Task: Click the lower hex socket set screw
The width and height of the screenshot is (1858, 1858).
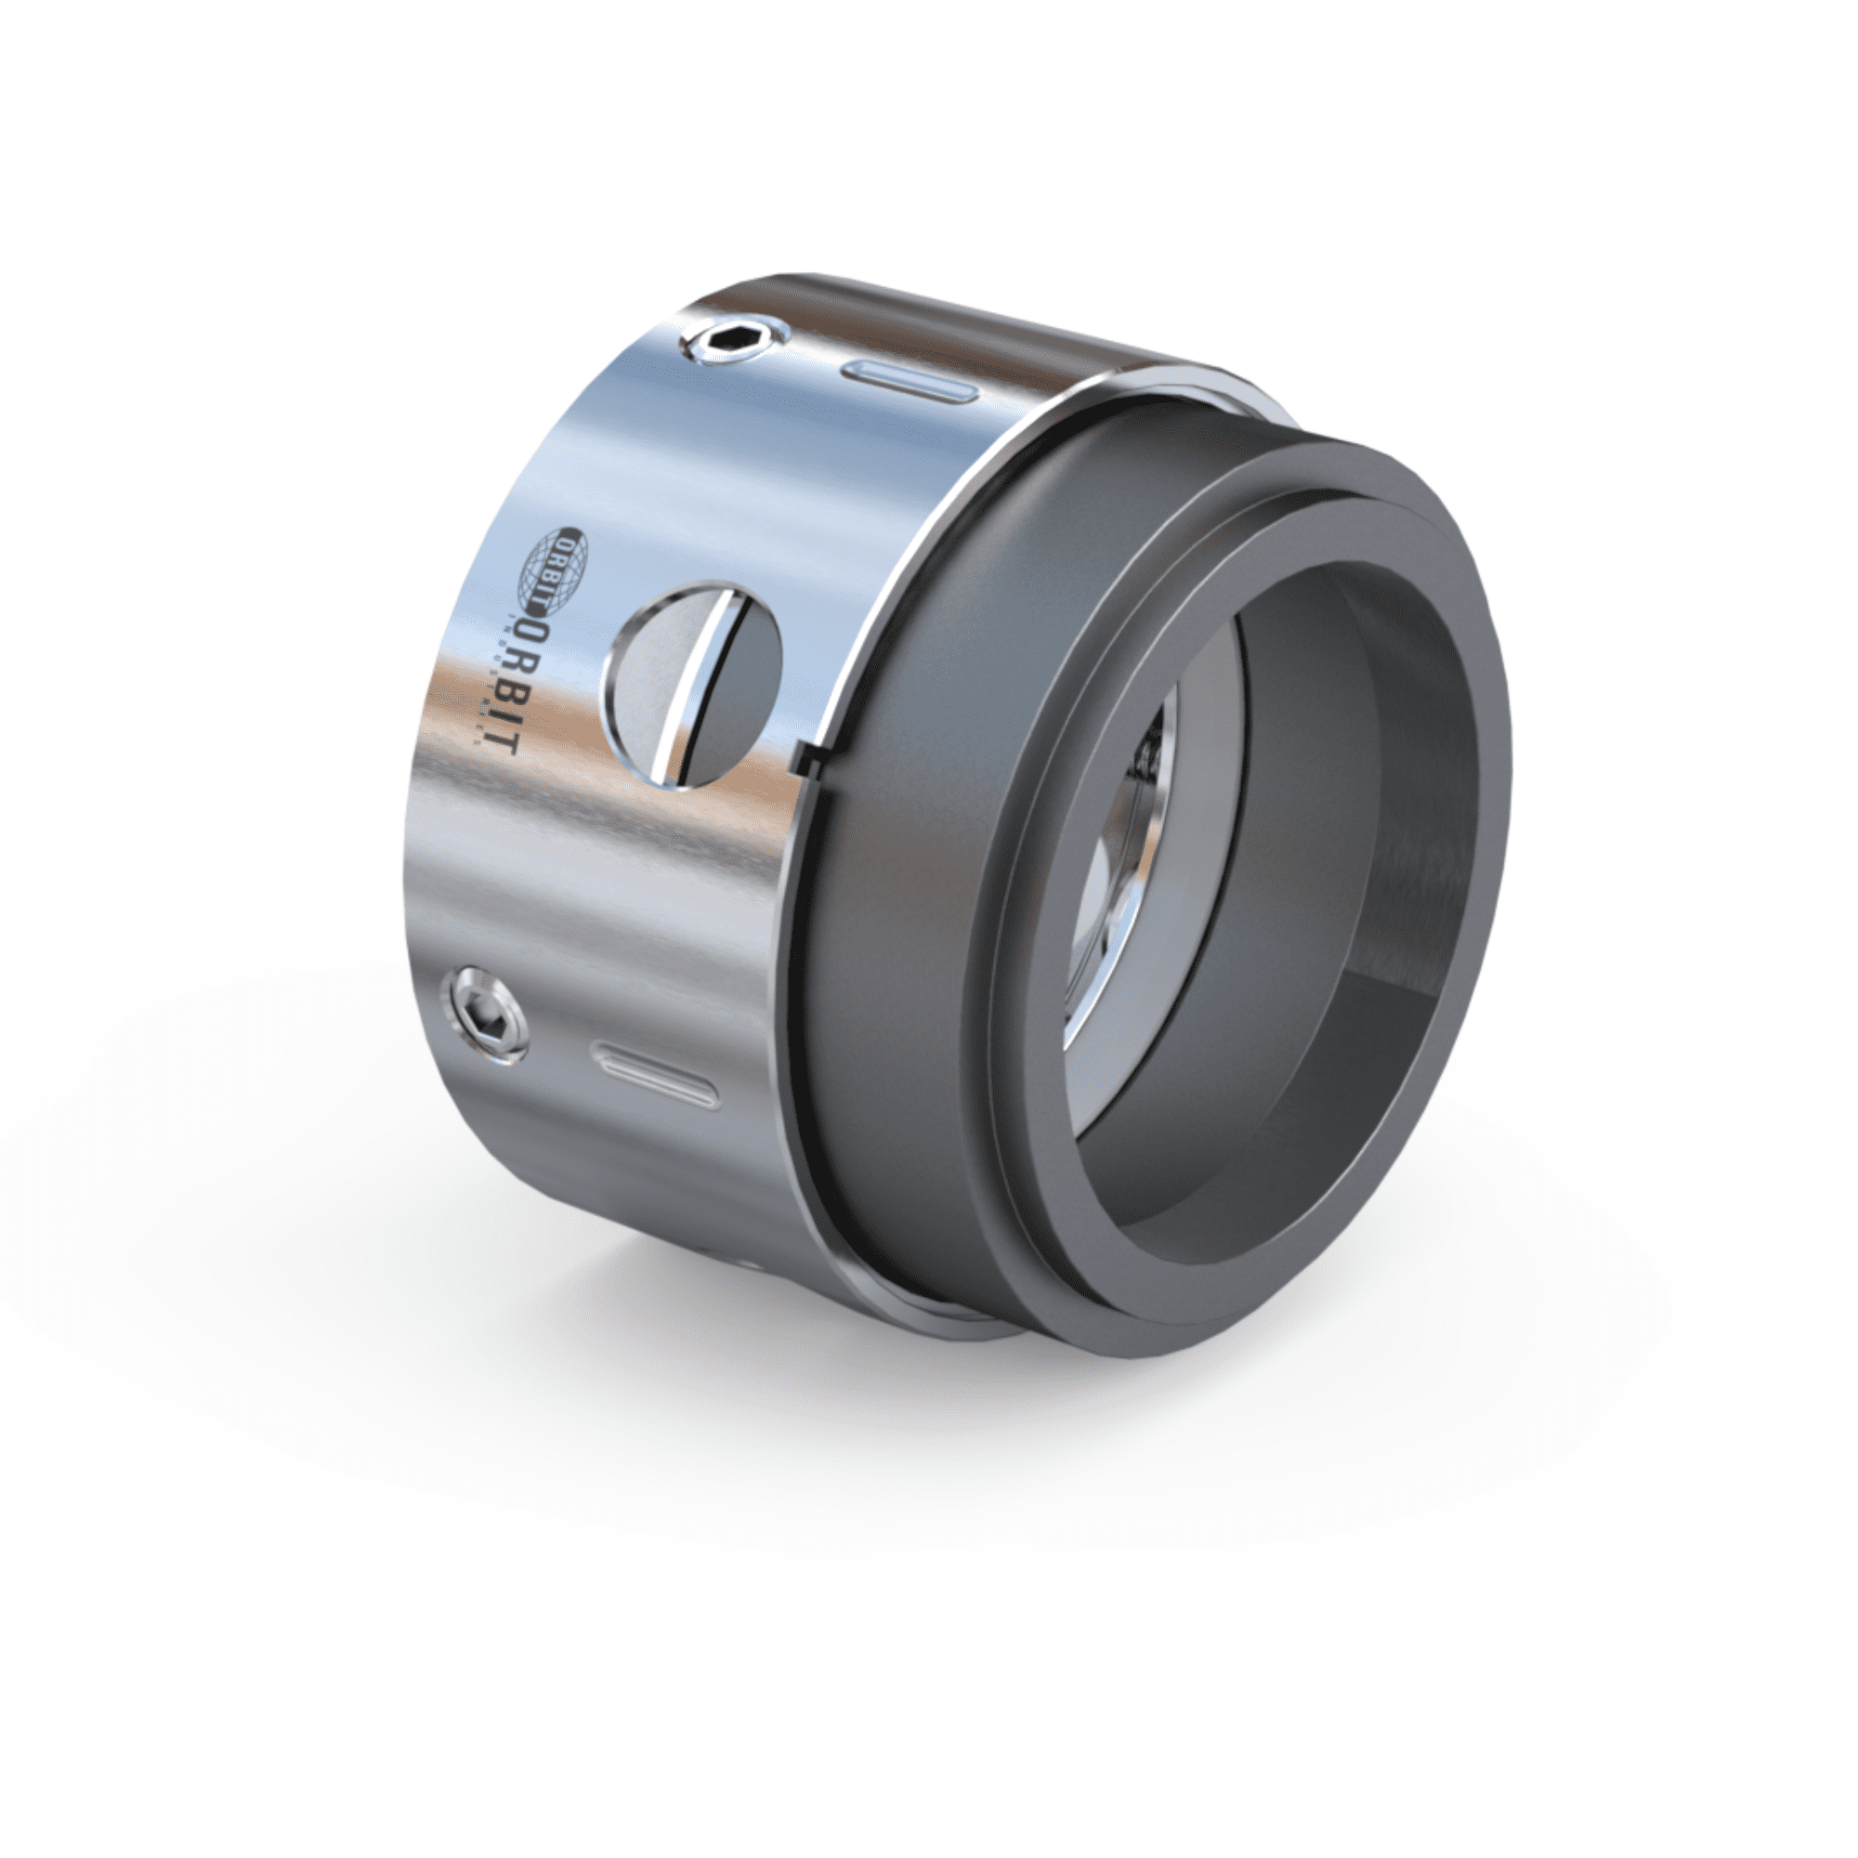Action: tap(486, 1015)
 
